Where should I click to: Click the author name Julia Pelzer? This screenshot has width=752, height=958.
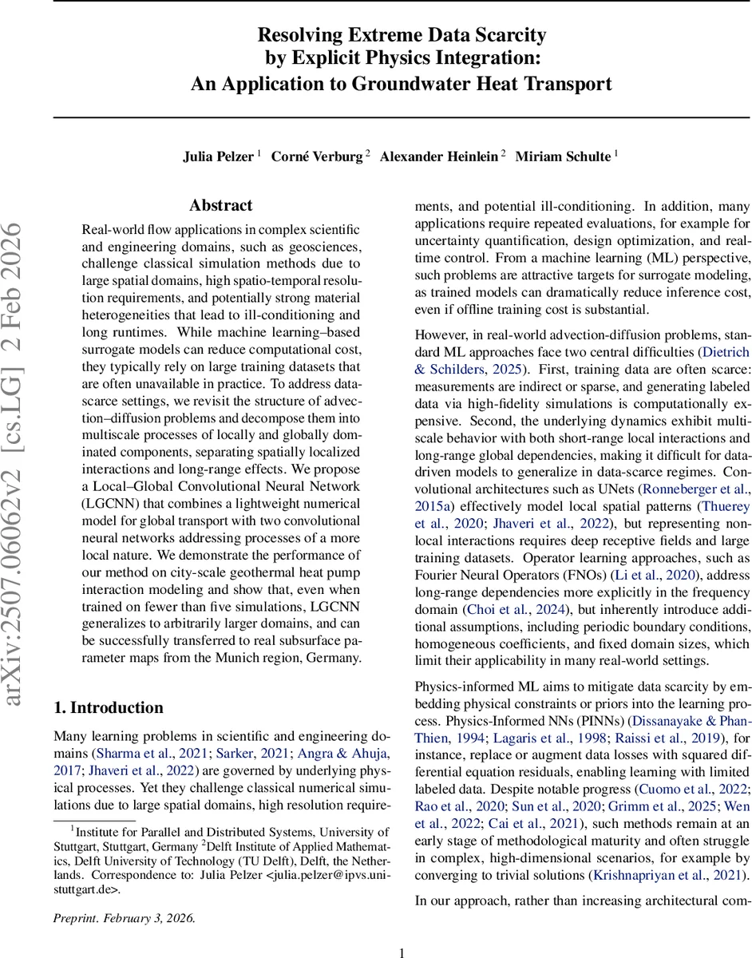point(218,156)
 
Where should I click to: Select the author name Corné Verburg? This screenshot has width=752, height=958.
point(316,156)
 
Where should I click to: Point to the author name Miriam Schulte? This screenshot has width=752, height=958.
point(562,156)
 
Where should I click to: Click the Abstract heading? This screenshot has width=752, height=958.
point(221,205)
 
